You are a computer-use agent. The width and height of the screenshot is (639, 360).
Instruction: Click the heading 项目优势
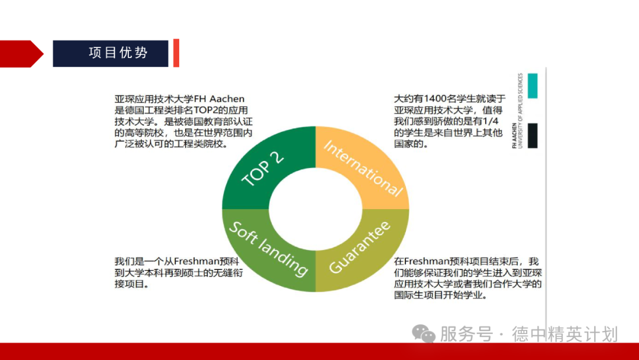click(118, 53)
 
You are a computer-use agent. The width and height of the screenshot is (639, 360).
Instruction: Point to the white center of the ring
click(315, 208)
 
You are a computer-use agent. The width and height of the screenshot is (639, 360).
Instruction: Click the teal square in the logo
click(532, 86)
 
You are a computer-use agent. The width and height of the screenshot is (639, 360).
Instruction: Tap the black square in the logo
click(532, 136)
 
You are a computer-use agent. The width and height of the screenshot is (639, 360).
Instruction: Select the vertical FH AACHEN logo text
click(517, 111)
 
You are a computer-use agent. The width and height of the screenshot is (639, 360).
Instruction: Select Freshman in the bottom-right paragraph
click(424, 262)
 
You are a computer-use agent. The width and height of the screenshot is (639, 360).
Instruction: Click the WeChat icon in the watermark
click(424, 334)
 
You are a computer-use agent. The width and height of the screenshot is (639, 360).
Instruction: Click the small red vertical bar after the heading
click(176, 53)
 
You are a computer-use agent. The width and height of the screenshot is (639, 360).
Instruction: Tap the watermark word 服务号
click(466, 334)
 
